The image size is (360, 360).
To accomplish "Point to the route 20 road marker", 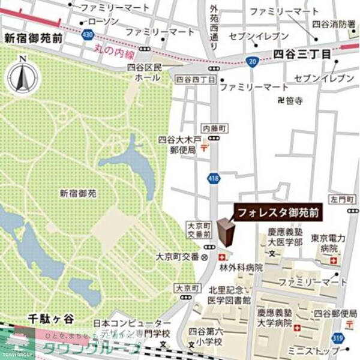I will pos(253,61).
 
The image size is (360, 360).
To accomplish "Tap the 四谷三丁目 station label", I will pos(302,54).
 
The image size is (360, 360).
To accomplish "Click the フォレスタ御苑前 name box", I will pos(277,212).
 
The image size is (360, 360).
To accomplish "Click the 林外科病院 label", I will pos(241,268).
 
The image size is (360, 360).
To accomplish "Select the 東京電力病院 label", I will pos(327,242).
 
